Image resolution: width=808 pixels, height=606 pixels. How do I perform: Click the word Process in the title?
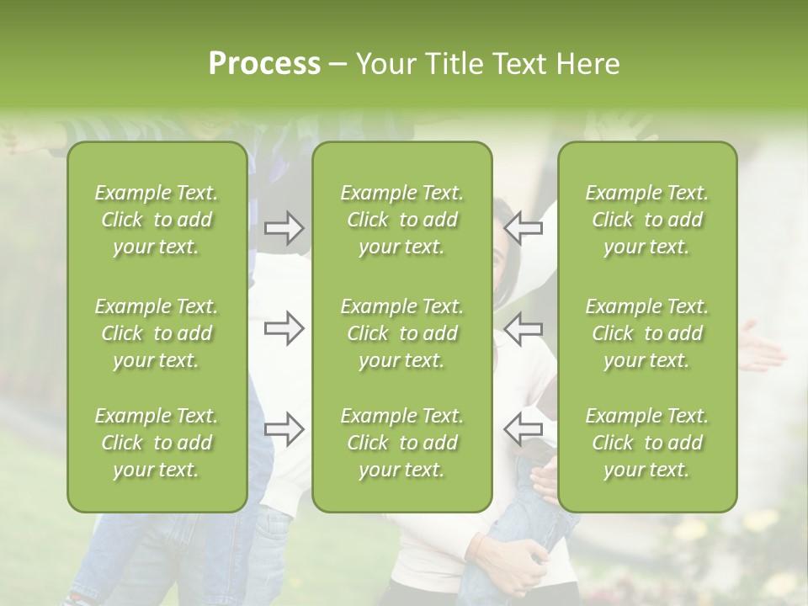tap(264, 64)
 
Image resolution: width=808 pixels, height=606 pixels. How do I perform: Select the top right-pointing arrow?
tap(284, 228)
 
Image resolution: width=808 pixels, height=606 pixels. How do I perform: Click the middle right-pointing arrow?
tap(284, 328)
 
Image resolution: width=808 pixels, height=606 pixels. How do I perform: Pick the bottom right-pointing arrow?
tap(284, 429)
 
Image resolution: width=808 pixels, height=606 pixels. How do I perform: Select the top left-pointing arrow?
tap(524, 228)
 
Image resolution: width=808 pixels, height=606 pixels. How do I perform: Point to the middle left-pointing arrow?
tap(524, 328)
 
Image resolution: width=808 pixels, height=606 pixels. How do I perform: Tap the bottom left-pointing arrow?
tap(524, 429)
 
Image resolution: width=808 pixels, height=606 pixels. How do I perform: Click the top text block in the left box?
tap(157, 220)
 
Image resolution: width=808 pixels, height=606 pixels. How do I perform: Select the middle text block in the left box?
tap(157, 333)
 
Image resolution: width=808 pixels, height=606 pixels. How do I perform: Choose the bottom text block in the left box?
tap(157, 443)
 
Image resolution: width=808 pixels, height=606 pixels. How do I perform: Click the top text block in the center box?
tap(402, 220)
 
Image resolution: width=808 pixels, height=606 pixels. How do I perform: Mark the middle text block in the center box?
tap(402, 333)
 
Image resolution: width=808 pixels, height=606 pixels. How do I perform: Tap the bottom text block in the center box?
tap(402, 443)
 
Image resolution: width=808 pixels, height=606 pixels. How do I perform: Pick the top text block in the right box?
tap(647, 220)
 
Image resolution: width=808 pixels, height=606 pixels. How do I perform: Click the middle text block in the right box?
tap(647, 333)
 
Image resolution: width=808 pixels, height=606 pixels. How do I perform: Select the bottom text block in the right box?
tap(647, 443)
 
